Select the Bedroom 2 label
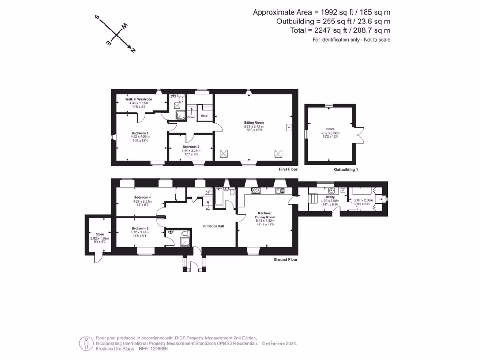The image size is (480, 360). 191,147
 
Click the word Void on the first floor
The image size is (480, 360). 204,115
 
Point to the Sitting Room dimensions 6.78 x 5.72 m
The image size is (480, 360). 254,127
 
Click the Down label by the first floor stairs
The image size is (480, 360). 191,118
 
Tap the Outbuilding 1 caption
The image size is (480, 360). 345,169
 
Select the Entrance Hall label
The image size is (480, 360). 213,226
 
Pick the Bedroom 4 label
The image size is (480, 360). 142,197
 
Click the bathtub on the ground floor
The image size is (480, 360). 218,196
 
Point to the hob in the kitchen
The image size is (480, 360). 256,190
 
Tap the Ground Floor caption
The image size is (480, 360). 285,259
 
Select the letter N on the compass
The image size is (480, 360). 133,50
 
